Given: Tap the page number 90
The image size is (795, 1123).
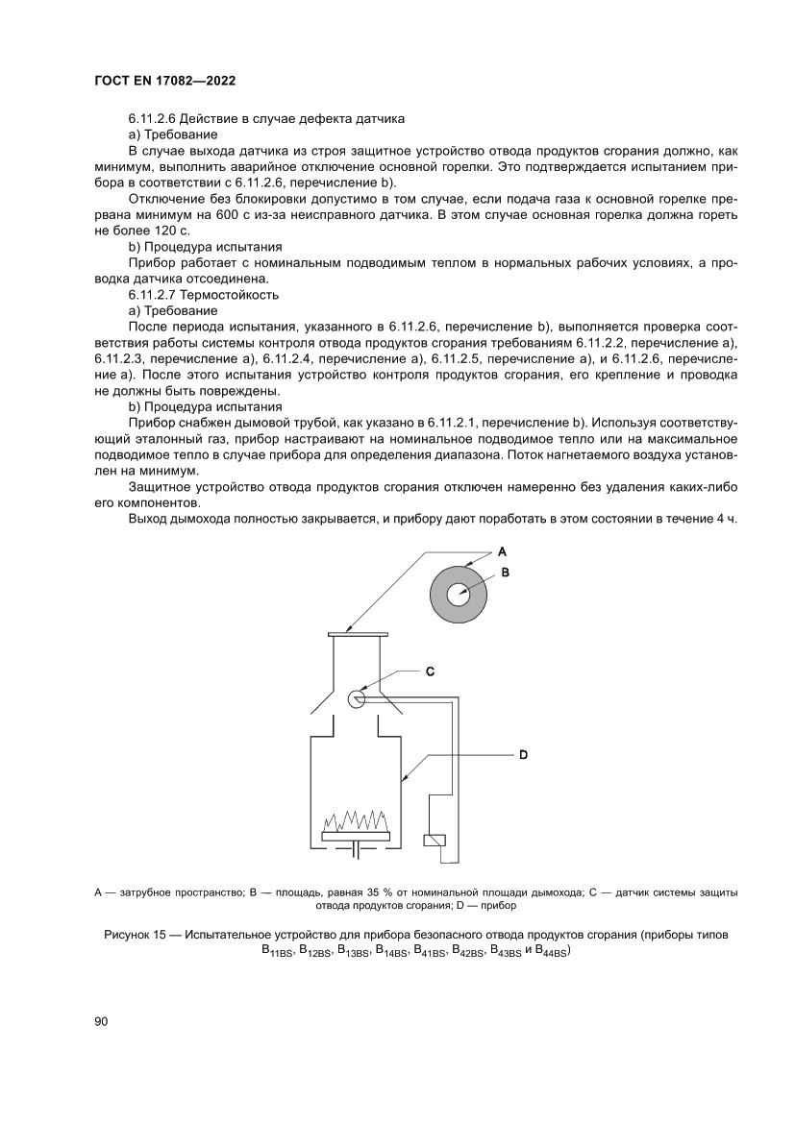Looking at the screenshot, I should [102, 1021].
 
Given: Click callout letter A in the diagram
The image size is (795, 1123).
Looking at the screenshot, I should [502, 552].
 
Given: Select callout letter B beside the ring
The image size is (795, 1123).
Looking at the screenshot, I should [504, 572].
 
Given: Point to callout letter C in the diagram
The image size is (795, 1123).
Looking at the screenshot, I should [431, 671].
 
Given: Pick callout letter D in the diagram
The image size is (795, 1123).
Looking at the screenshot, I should [523, 755].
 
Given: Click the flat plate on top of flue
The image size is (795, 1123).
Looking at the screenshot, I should [357, 633].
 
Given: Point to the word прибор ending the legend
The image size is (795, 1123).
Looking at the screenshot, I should [498, 905].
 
